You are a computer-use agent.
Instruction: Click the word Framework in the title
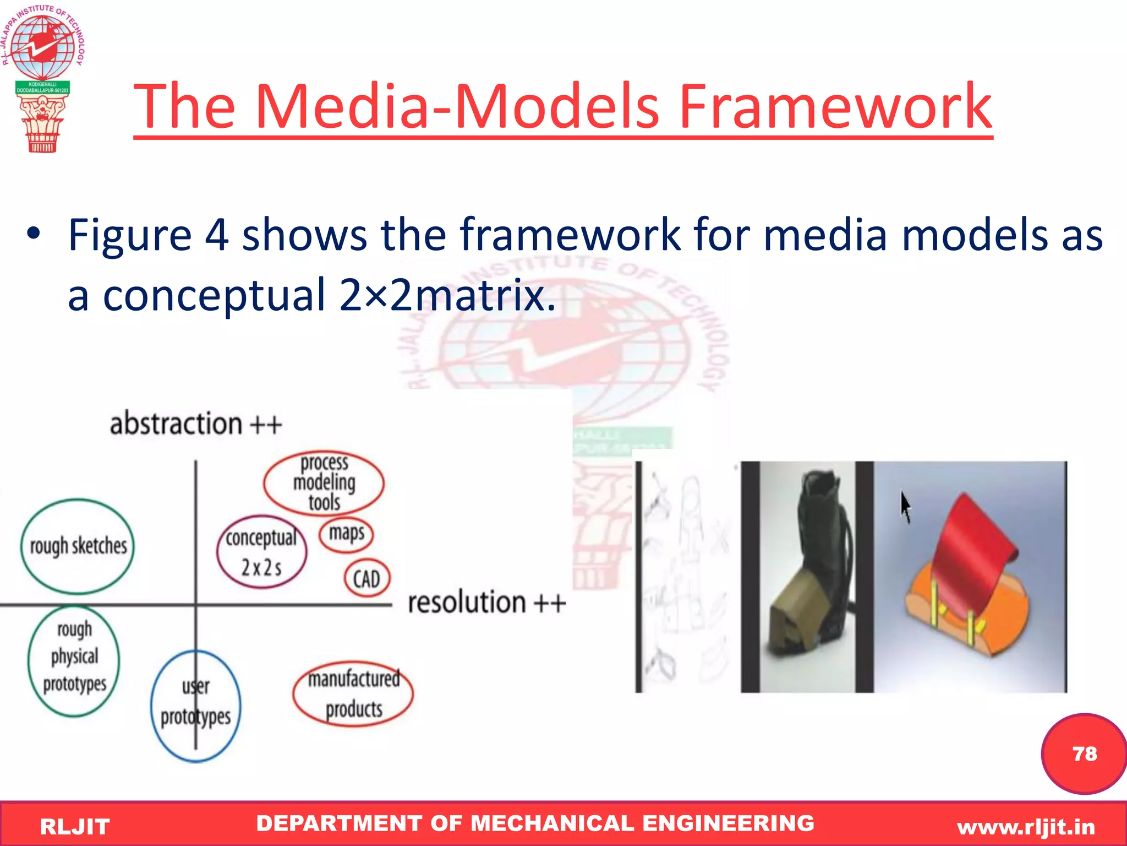pos(835,106)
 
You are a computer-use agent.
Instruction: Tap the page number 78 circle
pos(1084,753)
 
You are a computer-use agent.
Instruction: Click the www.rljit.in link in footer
pos(1026,827)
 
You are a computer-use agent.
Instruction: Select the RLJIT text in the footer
pos(75,827)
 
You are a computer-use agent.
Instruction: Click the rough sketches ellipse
pos(78,546)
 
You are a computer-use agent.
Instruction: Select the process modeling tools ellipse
pos(324,482)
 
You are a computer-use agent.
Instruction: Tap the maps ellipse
pos(346,533)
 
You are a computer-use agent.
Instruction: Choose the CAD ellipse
pos(366,578)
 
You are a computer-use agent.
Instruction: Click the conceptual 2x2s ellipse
pos(261,552)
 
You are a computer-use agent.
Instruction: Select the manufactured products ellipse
pos(353,694)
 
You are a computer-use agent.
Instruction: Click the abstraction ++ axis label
pos(195,424)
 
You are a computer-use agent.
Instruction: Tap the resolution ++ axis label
pos(486,602)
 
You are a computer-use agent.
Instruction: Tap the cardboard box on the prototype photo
pos(798,617)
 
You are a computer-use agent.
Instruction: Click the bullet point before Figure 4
pos(34,234)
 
